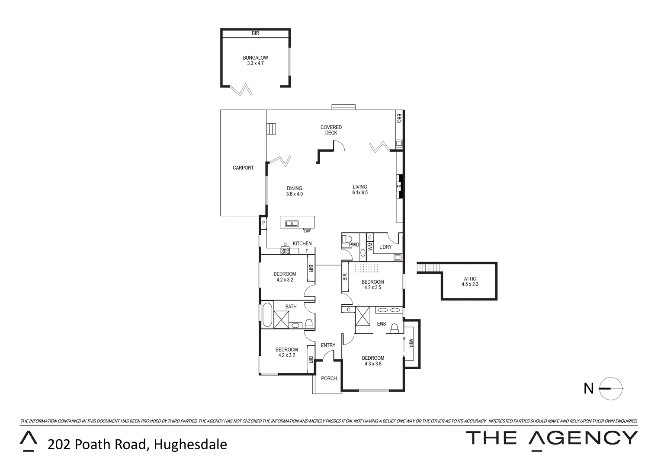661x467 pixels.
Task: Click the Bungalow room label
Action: [x=255, y=60]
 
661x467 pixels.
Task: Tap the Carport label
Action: [x=243, y=168]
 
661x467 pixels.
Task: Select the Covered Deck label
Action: [x=331, y=130]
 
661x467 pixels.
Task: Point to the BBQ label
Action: [x=399, y=118]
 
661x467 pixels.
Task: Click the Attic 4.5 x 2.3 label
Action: [x=470, y=281]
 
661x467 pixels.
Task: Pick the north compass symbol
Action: [x=611, y=389]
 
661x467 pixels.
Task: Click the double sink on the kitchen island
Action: [x=292, y=224]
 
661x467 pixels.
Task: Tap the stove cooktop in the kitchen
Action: [x=286, y=250]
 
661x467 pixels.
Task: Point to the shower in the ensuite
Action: [x=363, y=316]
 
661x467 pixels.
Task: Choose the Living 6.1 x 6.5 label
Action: [x=359, y=190]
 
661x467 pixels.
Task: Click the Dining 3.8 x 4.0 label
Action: [x=295, y=191]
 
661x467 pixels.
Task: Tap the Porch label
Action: [x=329, y=378]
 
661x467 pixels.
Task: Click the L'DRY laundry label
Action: [x=385, y=247]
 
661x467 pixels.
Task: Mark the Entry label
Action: [x=328, y=345]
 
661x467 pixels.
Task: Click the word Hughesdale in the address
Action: [x=191, y=444]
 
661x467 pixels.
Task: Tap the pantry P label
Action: [x=263, y=223]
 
